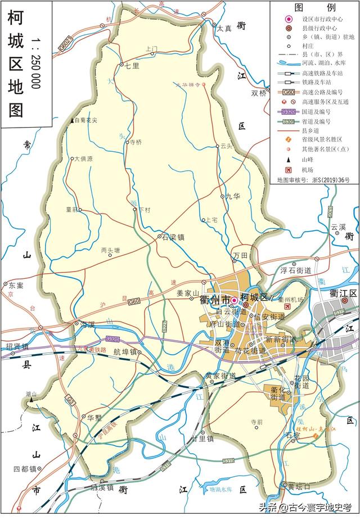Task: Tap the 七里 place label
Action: (132, 66)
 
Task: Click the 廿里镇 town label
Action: (201, 438)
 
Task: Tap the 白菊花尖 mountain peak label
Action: (85, 120)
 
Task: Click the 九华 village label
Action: (232, 196)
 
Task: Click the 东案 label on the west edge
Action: (16, 286)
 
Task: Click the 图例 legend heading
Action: (314, 7)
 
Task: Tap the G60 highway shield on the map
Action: (133, 302)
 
